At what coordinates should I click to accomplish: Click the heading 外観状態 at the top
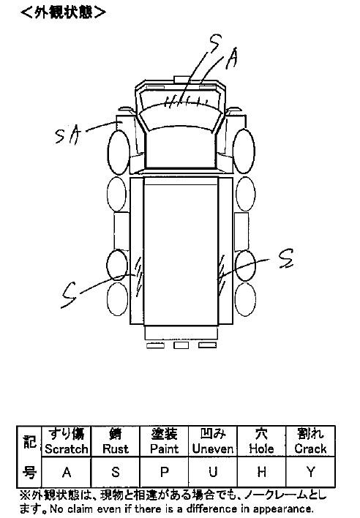pyautogui.click(x=63, y=12)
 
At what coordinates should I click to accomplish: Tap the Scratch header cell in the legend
pyautogui.click(x=66, y=441)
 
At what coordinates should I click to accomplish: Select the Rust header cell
pyautogui.click(x=116, y=441)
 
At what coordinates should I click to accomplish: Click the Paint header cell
pyautogui.click(x=164, y=441)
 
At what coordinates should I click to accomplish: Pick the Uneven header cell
pyautogui.click(x=213, y=441)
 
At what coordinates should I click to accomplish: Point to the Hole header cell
pyautogui.click(x=261, y=441)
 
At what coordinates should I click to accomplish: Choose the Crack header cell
pyautogui.click(x=310, y=441)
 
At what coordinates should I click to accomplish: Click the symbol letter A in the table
pyautogui.click(x=67, y=473)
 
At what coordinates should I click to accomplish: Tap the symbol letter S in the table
pyautogui.click(x=116, y=473)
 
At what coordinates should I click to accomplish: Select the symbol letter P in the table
pyautogui.click(x=164, y=473)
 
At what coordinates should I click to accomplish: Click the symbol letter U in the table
pyautogui.click(x=213, y=473)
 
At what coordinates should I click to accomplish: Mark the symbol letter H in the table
pyautogui.click(x=261, y=473)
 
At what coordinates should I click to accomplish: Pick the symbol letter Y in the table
pyautogui.click(x=310, y=473)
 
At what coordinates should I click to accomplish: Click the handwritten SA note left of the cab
pyautogui.click(x=68, y=135)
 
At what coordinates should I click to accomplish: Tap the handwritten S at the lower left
pyautogui.click(x=68, y=295)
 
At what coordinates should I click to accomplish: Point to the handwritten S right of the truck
pyautogui.click(x=286, y=258)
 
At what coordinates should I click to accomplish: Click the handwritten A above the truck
pyautogui.click(x=232, y=59)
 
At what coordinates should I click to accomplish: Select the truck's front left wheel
pyautogui.click(x=119, y=152)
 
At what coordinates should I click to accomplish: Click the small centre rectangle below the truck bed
pyautogui.click(x=181, y=345)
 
